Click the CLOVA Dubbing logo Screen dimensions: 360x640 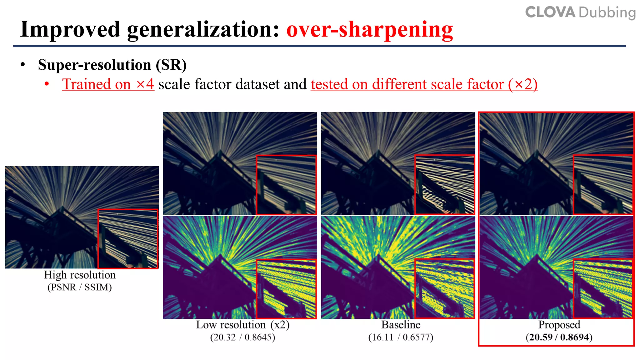pos(580,12)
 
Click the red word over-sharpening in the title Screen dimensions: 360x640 pos(370,30)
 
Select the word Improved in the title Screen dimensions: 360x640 pos(70,30)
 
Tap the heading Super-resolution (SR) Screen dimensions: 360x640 pos(112,65)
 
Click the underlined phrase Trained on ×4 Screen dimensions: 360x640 pos(108,84)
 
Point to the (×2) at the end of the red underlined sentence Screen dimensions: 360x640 pos(522,84)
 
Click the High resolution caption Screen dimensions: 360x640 pos(80,275)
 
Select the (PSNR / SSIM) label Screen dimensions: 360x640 pos(80,287)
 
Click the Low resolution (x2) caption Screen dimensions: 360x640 pos(242,325)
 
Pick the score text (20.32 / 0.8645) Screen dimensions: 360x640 pos(242,337)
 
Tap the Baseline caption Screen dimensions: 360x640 pos(401,325)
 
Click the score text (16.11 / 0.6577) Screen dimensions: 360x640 pos(401,337)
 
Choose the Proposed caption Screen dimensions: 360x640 pos(559,325)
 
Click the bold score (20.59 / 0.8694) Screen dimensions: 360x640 pos(559,337)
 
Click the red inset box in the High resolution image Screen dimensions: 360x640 pos(128,239)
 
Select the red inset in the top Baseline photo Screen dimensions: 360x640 pos(444,184)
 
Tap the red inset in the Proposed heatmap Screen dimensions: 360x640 pos(603,288)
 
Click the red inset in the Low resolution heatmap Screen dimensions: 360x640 pos(286,288)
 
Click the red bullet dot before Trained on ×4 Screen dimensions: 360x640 pos(47,84)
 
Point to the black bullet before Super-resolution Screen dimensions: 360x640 pos(22,65)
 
